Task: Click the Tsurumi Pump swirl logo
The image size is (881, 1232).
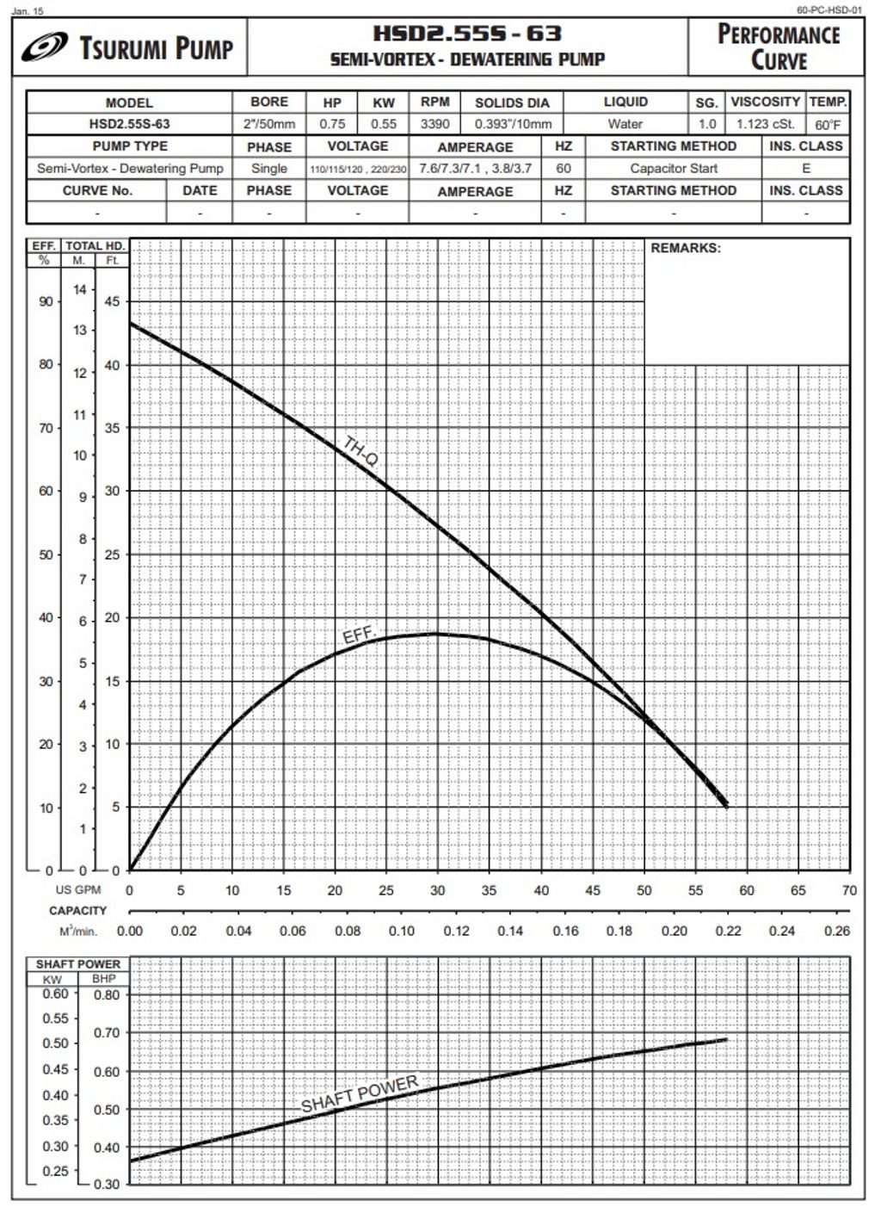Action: coord(45,47)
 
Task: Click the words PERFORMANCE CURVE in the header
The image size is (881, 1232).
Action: coord(778,47)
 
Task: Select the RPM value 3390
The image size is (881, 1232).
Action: coord(434,124)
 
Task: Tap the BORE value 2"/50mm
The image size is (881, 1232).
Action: coord(268,124)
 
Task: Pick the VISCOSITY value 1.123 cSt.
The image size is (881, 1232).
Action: coord(765,124)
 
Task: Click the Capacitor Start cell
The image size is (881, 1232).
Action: coord(673,169)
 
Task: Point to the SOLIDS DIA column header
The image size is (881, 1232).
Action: coord(511,102)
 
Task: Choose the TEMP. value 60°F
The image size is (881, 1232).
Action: coord(828,124)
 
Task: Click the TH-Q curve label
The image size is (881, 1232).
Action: coord(360,451)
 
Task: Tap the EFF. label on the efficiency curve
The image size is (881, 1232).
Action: coord(360,635)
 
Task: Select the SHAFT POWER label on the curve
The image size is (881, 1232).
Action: coord(360,1093)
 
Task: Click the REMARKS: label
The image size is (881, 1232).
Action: coord(685,248)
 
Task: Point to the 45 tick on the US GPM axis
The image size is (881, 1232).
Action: coord(592,890)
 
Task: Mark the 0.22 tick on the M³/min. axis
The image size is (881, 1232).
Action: coord(728,931)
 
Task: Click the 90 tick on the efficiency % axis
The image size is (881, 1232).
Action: coord(45,301)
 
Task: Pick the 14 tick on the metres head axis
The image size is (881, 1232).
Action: coord(80,289)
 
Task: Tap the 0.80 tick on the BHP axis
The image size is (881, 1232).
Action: coord(107,995)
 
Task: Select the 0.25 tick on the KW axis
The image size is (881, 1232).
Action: coord(55,1171)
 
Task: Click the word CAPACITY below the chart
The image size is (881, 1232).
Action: coord(77,911)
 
